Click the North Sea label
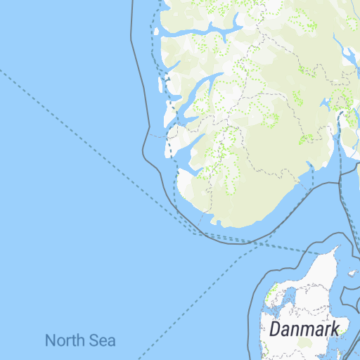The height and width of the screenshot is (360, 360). point(80,341)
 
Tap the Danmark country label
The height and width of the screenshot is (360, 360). point(304,328)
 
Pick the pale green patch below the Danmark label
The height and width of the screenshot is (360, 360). point(304,343)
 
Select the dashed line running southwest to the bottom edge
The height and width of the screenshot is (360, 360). point(190,302)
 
